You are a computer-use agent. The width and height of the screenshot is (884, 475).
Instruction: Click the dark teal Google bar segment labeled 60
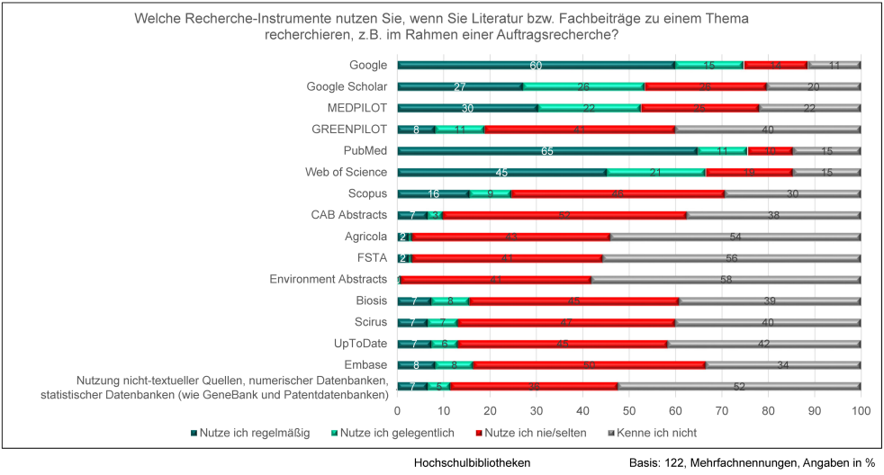pos(536,65)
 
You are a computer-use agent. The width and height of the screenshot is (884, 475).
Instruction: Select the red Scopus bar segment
pos(618,193)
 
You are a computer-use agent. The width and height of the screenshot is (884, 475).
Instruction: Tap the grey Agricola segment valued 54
pos(735,237)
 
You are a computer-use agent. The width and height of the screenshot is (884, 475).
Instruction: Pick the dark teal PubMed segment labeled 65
pos(547,150)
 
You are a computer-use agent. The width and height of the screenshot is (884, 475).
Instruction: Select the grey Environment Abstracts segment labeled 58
pos(726,279)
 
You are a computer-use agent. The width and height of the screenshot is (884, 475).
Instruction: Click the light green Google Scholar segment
pos(582,86)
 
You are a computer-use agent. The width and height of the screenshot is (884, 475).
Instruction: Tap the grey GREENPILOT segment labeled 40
pos(768,129)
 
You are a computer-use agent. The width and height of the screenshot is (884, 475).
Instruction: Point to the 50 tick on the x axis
pos(628,409)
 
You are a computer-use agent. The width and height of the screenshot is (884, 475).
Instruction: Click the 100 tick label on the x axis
pos(860,409)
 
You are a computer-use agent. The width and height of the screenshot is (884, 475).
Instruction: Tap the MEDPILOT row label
pos(357,108)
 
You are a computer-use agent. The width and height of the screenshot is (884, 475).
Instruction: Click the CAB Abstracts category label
pos(349,215)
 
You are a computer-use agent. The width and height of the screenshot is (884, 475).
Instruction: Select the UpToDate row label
pos(359,343)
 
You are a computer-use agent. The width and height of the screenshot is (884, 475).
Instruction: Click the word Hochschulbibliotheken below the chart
pos(472,462)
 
